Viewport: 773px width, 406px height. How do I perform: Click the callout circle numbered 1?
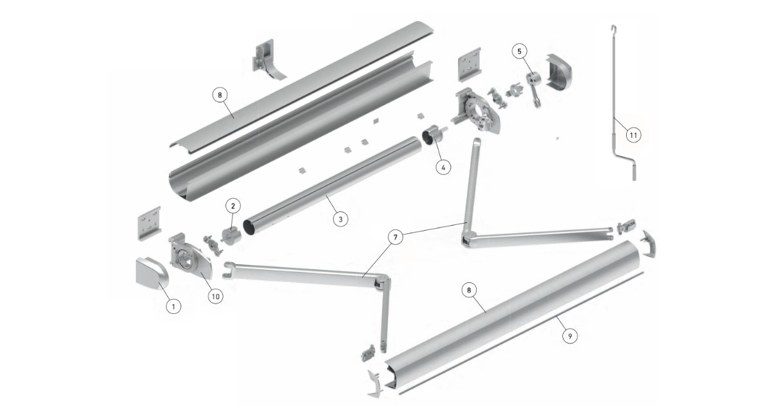tap(173, 306)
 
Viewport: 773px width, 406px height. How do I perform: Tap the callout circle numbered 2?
tap(233, 206)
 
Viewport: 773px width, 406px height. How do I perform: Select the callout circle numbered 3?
tap(341, 219)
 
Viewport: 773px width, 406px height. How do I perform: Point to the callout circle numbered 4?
tap(443, 168)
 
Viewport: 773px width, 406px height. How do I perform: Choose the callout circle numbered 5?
tap(519, 52)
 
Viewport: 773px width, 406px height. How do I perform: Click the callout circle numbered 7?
tap(396, 237)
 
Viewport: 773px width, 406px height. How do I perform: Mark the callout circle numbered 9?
tap(570, 336)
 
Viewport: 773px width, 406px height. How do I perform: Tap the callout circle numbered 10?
tap(215, 296)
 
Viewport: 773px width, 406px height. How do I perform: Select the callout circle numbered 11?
tap(634, 135)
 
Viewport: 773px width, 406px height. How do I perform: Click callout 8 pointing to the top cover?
tap(220, 95)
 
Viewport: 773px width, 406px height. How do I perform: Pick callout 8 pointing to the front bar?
tap(469, 291)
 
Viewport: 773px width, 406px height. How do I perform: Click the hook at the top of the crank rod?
tap(613, 28)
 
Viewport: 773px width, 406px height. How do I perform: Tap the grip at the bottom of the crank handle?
tap(635, 172)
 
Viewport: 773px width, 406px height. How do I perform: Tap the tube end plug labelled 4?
tap(432, 137)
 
